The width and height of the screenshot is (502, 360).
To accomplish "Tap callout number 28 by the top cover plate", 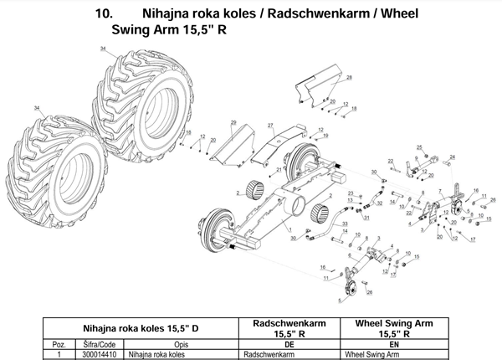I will (349, 77).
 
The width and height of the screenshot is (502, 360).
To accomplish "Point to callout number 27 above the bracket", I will (270, 124).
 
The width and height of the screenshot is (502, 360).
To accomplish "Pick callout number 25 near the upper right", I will (419, 148).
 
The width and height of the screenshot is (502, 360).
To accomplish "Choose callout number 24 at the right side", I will (453, 157).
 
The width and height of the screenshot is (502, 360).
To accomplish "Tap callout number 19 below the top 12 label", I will (325, 136).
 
